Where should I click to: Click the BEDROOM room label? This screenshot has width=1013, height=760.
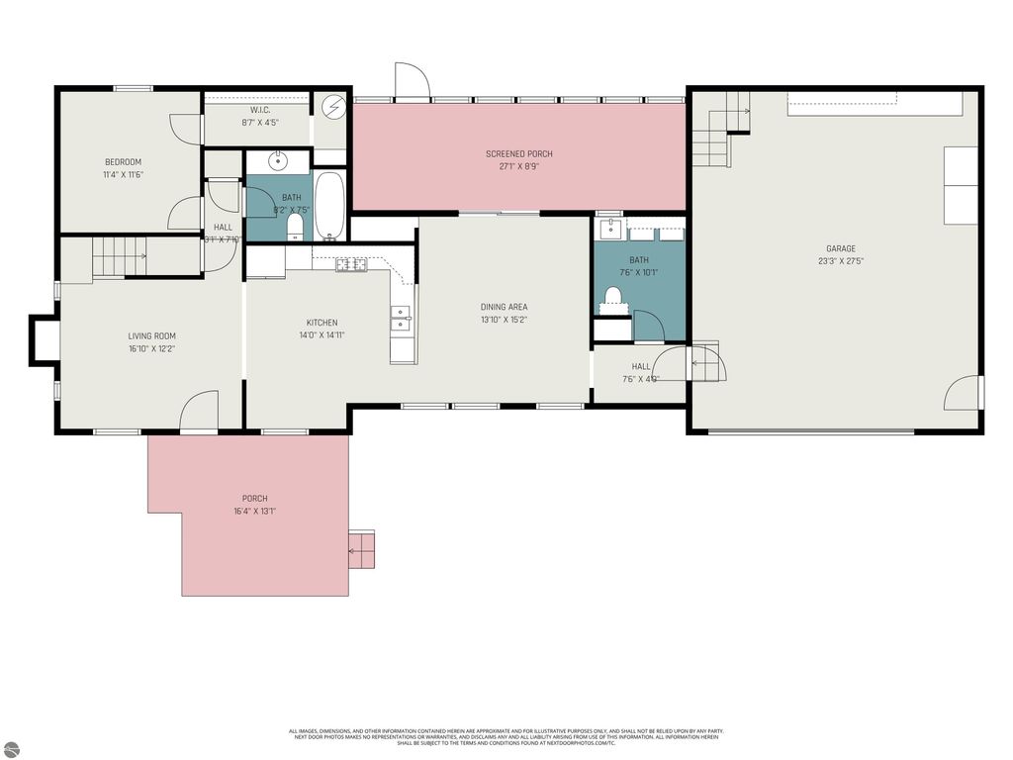[x=124, y=162]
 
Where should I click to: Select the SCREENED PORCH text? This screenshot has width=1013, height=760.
[x=518, y=153]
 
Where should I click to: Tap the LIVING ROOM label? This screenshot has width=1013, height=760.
[x=151, y=335]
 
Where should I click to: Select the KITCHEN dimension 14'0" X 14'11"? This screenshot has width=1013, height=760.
[x=322, y=335]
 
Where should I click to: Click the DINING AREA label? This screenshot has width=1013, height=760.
[x=504, y=307]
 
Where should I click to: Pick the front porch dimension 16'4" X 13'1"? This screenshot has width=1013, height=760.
[x=254, y=512]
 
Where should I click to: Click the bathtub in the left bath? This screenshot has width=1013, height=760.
[x=329, y=206]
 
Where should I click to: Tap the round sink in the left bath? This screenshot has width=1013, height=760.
[x=277, y=163]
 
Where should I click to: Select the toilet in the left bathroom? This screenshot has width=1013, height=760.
[x=294, y=227]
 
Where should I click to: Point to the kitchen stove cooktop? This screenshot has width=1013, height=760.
[x=351, y=264]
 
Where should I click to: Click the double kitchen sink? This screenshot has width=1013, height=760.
[x=401, y=317]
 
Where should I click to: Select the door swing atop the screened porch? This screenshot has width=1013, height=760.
[x=411, y=81]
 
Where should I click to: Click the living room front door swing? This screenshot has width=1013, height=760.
[x=200, y=411]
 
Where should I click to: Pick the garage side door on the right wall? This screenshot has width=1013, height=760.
[x=964, y=393]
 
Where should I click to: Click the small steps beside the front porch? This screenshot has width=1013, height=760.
[x=362, y=548]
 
